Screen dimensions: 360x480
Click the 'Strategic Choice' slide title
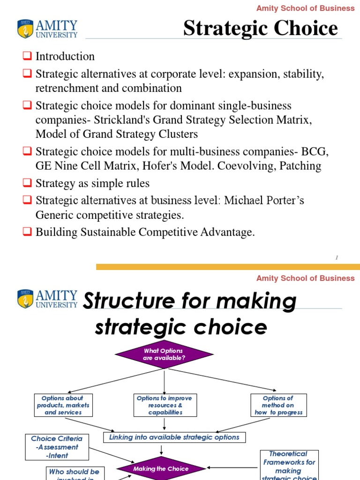point(260,28)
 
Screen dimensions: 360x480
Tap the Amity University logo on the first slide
point(47,29)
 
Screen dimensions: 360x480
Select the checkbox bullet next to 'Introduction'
point(27,57)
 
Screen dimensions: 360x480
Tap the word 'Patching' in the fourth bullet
point(300,166)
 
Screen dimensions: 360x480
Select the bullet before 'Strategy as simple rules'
point(27,184)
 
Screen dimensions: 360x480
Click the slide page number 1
point(337,257)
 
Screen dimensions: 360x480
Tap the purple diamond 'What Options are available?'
point(164,354)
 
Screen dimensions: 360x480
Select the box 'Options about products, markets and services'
point(63,405)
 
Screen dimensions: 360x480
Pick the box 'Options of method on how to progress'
point(278,405)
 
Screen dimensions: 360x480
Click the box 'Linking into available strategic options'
point(174,437)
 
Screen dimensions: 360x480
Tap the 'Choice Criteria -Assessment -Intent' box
point(56,447)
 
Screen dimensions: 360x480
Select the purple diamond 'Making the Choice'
point(161,469)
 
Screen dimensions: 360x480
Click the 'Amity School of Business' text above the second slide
point(305,278)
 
